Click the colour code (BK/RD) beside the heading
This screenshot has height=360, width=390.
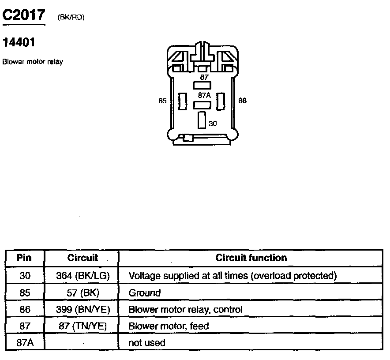[x=71, y=17]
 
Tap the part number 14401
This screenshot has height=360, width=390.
[x=19, y=43]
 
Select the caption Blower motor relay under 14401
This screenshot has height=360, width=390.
[x=33, y=62]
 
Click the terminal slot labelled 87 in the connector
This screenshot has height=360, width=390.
[x=203, y=85]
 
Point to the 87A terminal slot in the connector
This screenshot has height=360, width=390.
[x=203, y=105]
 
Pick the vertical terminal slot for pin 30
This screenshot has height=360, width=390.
[x=202, y=120]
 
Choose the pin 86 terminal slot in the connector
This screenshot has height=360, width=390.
[x=220, y=101]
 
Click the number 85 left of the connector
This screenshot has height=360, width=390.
[x=162, y=101]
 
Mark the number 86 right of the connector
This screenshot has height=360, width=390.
[x=242, y=101]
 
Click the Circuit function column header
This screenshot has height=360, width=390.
[x=251, y=258]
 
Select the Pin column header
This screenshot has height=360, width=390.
[x=25, y=258]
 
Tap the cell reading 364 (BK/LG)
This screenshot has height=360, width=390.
[x=82, y=276]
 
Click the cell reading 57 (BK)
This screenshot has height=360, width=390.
[x=82, y=292]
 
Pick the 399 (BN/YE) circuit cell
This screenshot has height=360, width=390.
[x=82, y=309]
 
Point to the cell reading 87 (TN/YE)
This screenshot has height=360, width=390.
[x=82, y=326]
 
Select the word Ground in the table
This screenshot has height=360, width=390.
[x=144, y=292]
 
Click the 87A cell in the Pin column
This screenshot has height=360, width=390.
[x=25, y=342]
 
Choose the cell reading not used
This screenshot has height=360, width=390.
[x=146, y=342]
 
